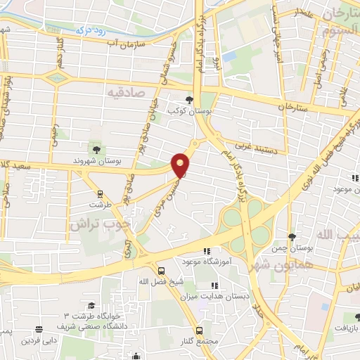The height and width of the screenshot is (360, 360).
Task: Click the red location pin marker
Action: tap(181, 165)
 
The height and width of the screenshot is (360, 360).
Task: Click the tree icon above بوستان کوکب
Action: tap(188, 99)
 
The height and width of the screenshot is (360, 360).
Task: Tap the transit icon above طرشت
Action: tap(99, 193)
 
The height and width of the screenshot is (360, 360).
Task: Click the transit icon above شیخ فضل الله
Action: tap(162, 271)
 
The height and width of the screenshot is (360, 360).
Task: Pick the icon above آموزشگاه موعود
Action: tap(207, 251)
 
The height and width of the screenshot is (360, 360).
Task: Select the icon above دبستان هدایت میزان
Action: tap(214, 285)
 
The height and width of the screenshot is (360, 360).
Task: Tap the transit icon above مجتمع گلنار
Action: tap(199, 330)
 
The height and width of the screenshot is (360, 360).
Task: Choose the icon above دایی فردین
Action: tap(37, 328)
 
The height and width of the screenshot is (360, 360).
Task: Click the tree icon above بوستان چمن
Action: tap(292, 237)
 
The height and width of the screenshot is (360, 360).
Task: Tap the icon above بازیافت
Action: tap(356, 317)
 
